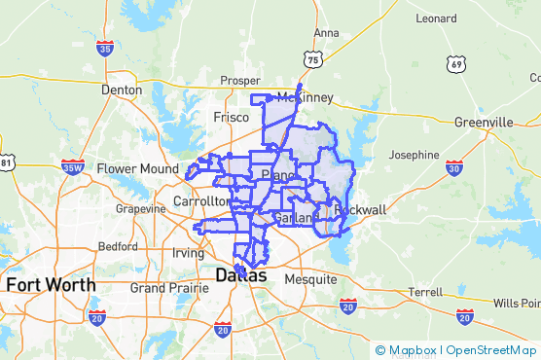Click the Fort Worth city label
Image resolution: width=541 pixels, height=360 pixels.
point(51,285)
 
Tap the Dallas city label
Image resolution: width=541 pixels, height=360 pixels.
point(240,275)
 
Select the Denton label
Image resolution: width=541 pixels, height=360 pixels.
point(122,90)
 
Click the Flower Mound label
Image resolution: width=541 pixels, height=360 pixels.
point(137,168)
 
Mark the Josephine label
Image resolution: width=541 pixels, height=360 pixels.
point(414,155)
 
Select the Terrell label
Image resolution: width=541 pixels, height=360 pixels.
point(425,292)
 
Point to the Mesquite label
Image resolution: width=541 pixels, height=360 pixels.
point(310,279)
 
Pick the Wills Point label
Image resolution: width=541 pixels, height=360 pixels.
point(516,303)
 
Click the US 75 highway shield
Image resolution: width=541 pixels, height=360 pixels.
point(312,60)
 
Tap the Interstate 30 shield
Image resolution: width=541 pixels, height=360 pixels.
point(453,168)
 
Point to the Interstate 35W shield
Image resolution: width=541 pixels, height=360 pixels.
point(71,167)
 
